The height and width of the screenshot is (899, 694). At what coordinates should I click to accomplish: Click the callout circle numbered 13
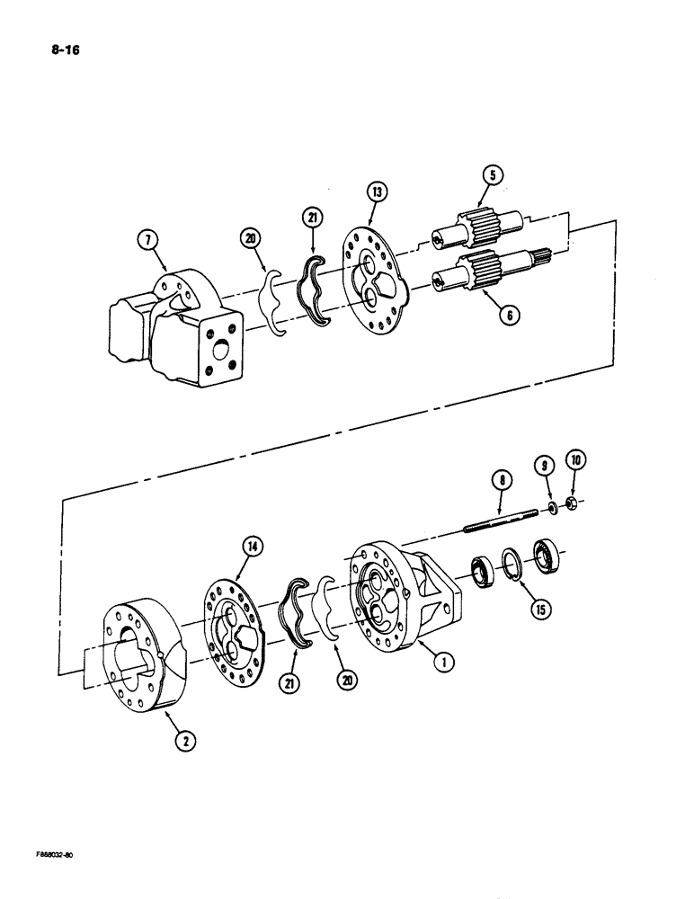point(375,192)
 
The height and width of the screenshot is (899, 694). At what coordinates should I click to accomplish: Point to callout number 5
point(491,174)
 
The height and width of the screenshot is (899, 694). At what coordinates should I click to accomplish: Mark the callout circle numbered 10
point(574,464)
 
